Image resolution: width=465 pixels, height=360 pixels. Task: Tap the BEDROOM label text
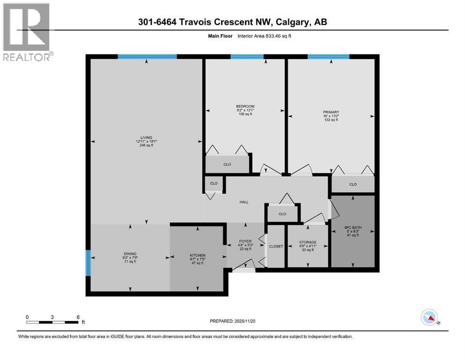click(245, 106)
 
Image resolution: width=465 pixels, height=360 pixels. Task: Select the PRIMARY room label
click(330, 112)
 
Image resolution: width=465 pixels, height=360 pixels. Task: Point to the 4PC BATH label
click(353, 227)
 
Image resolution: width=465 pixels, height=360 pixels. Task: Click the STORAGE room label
click(308, 242)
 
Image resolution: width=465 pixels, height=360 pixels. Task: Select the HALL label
click(244, 202)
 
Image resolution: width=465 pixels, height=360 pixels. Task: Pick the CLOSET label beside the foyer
click(276, 247)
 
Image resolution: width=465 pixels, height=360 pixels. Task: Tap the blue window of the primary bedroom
click(328, 57)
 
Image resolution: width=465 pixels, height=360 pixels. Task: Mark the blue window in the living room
click(147, 57)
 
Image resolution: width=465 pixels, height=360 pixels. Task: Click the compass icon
click(429, 318)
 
